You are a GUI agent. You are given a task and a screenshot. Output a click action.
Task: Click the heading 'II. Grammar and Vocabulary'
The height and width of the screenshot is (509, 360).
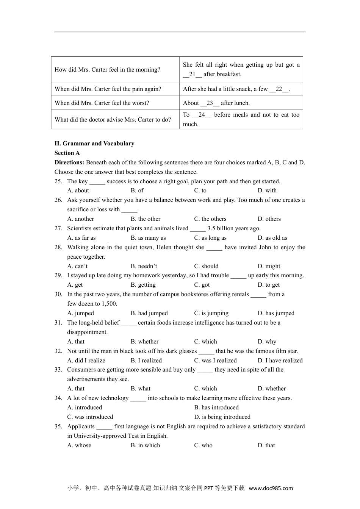point(94,144)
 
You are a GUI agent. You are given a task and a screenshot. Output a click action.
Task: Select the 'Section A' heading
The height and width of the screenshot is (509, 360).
point(67,153)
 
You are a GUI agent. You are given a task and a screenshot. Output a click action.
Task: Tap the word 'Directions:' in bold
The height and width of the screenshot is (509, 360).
point(70,162)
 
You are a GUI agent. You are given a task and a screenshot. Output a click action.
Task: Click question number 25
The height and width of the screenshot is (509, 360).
point(58,181)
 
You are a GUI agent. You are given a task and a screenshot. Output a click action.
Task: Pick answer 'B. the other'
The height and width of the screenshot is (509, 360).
point(146,219)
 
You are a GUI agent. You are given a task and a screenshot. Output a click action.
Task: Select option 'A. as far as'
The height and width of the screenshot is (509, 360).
point(81,238)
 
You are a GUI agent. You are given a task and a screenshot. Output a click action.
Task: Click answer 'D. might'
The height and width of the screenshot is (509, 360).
point(269,266)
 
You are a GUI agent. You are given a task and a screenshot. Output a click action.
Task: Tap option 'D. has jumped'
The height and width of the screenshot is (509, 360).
point(276,313)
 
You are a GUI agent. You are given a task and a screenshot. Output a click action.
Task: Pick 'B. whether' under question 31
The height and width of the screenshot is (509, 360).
point(144,342)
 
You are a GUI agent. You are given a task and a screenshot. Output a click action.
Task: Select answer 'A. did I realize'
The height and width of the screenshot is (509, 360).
point(86,361)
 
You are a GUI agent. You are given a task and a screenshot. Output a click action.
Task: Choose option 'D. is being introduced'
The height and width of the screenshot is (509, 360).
point(222,417)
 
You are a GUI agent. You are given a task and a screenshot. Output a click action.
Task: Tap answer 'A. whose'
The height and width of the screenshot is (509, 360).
point(79,445)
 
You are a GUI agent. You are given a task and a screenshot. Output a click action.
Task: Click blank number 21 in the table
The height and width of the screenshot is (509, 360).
point(193,74)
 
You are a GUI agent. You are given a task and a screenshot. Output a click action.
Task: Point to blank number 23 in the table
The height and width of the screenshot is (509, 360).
point(210,103)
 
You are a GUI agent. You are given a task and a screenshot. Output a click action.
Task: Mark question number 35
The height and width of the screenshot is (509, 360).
point(58,426)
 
